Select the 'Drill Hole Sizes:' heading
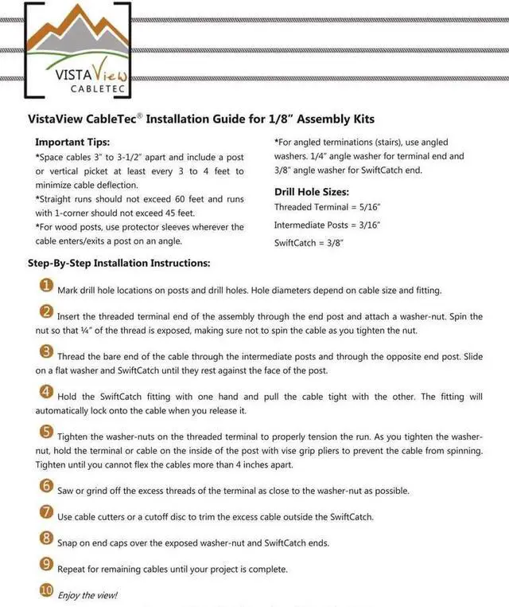click(312, 192)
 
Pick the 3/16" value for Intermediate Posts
click(367, 225)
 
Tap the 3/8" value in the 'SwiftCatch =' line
click(333, 243)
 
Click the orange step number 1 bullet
click(47, 287)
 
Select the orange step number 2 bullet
click(47, 312)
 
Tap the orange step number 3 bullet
click(47, 352)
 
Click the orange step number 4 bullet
click(47, 392)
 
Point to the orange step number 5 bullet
click(47, 433)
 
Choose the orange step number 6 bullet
click(47, 486)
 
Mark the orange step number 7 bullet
click(47, 511)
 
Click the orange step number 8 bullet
click(47, 538)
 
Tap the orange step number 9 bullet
click(47, 565)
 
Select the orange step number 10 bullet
click(47, 591)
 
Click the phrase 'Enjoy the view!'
click(87, 595)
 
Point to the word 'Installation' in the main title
click(182, 119)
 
